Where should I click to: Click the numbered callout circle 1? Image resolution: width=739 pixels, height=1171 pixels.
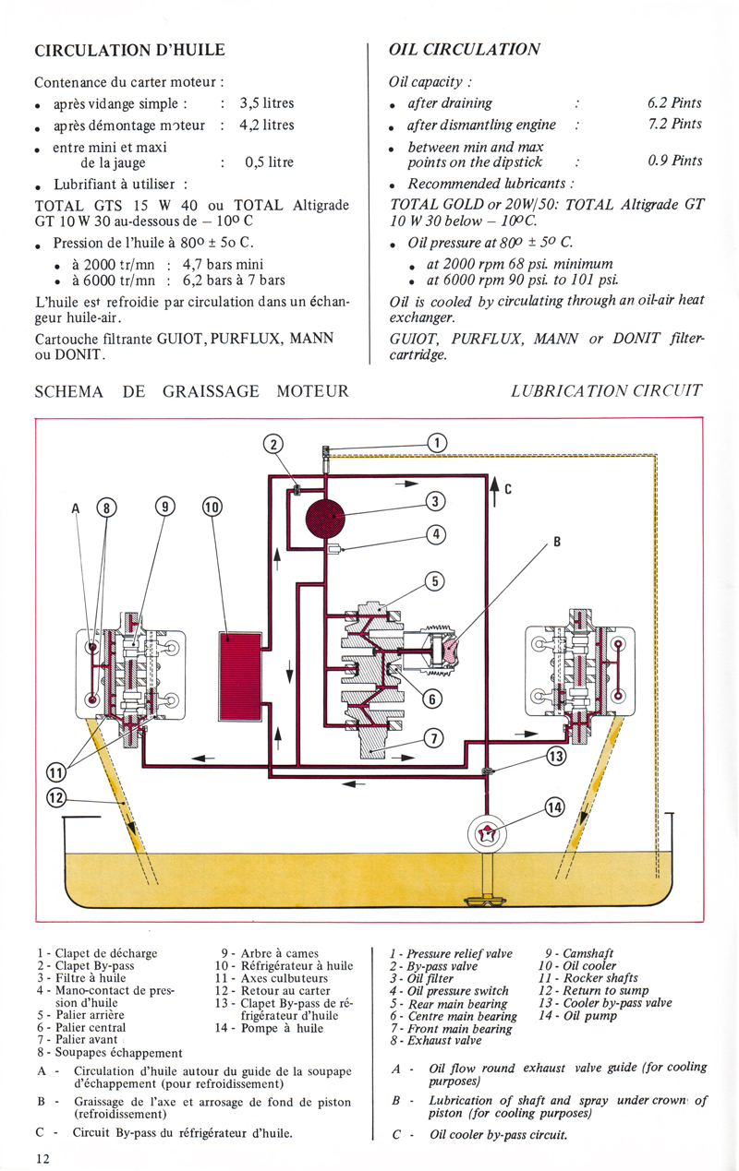click(436, 442)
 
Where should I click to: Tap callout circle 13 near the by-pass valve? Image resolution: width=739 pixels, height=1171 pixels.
click(556, 757)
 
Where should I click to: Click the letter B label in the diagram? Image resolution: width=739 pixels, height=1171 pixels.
click(557, 543)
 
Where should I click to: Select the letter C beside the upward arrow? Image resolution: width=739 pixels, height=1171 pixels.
click(508, 490)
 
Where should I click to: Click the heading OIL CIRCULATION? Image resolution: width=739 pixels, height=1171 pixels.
click(465, 50)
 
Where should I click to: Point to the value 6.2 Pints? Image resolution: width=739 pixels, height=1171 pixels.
click(674, 103)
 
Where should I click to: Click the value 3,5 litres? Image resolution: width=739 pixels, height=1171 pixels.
click(266, 104)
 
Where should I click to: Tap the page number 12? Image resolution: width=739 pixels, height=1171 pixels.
click(43, 1158)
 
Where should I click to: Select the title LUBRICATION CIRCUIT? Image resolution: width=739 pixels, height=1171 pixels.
click(606, 391)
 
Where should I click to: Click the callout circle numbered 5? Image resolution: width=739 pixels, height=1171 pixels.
click(435, 580)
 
